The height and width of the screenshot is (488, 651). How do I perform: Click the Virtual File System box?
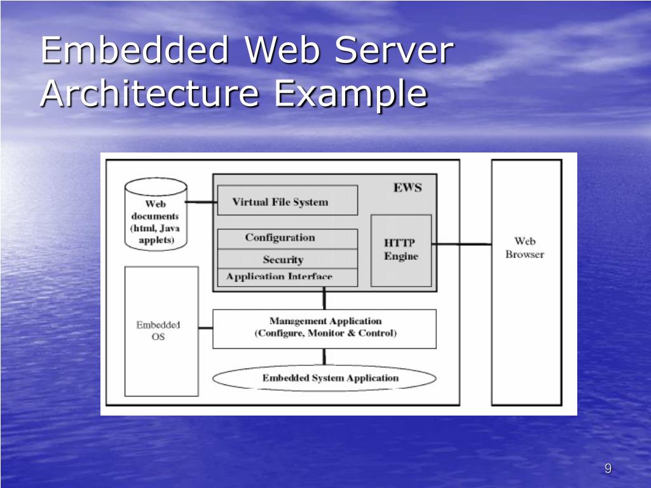point(287,201)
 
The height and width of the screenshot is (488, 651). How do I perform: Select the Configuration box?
point(287,238)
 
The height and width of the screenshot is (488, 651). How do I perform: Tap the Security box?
point(287,259)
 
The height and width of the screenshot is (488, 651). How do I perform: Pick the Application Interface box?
point(287,277)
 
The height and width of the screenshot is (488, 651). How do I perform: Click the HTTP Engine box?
point(401,250)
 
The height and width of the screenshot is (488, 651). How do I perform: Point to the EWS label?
point(407,188)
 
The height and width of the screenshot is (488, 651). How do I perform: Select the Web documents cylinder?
point(156,216)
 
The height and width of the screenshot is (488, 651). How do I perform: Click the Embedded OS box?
point(161,330)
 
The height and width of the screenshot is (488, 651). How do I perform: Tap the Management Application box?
point(324,328)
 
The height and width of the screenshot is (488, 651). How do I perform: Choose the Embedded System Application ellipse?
point(324,378)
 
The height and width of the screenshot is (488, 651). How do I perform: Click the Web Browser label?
point(525,247)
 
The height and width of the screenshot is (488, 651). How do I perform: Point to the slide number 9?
point(608,469)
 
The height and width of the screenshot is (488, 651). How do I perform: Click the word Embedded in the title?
point(134,51)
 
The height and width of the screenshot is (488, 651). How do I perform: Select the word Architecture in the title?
point(150,94)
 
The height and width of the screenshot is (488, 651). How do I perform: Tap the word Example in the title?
point(350,94)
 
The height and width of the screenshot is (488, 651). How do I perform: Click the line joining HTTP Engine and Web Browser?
point(462,243)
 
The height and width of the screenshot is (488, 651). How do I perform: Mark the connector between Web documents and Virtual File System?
point(202,202)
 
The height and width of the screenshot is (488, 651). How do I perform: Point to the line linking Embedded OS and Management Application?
point(205,329)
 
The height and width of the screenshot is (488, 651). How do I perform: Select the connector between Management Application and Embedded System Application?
point(324,357)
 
